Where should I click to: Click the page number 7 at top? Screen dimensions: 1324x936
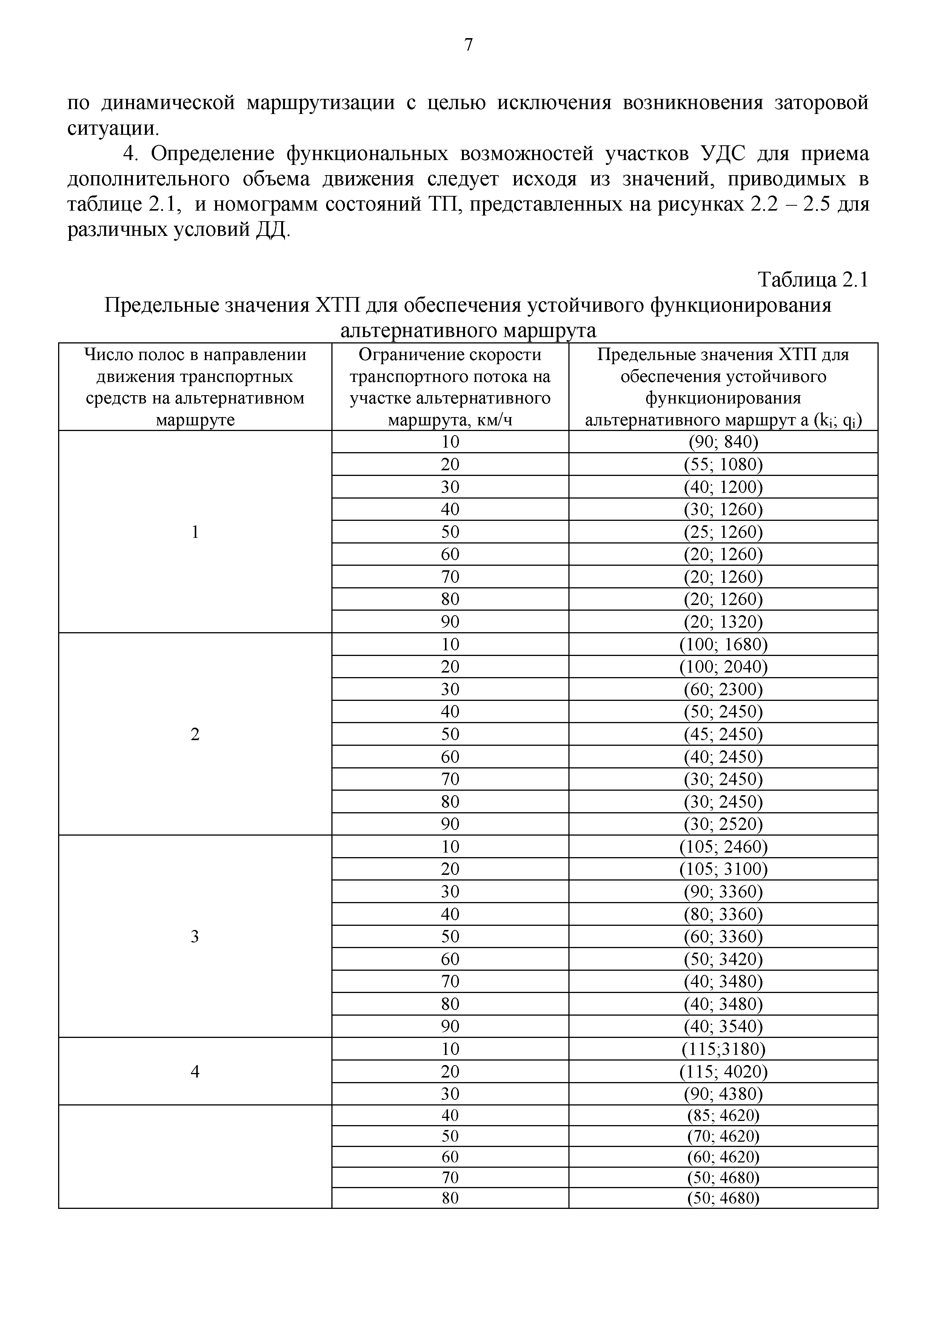click(x=468, y=45)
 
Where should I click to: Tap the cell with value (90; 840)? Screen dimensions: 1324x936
click(x=723, y=442)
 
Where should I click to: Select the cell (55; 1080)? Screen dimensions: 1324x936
click(x=723, y=464)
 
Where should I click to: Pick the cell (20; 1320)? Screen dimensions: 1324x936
click(x=723, y=622)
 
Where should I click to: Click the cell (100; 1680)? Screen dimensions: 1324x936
click(x=723, y=644)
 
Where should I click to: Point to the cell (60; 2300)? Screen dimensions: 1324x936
click(x=723, y=689)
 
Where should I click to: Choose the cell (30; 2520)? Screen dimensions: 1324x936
click(x=723, y=824)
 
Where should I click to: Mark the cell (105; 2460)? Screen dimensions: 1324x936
click(x=723, y=847)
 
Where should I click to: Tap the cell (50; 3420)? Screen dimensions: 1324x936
click(x=723, y=959)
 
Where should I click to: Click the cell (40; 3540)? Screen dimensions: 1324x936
click(x=723, y=1027)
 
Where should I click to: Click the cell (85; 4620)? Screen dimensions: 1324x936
click(x=723, y=1115)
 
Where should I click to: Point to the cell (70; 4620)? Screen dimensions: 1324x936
click(x=723, y=1136)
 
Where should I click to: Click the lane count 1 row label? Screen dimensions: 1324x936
click(x=195, y=532)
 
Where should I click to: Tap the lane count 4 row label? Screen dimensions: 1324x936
click(x=195, y=1072)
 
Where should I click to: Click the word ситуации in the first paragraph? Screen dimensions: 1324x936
click(x=112, y=128)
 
